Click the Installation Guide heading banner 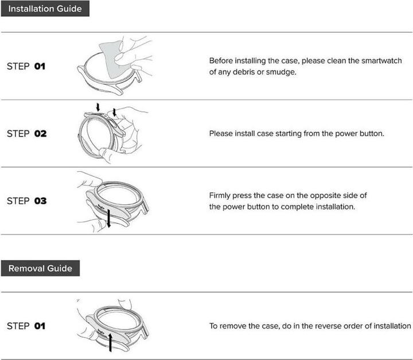click(45, 9)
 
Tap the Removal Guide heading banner click(40, 268)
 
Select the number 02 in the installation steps click(40, 133)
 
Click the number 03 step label click(40, 201)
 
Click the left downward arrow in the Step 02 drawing click(98, 107)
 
